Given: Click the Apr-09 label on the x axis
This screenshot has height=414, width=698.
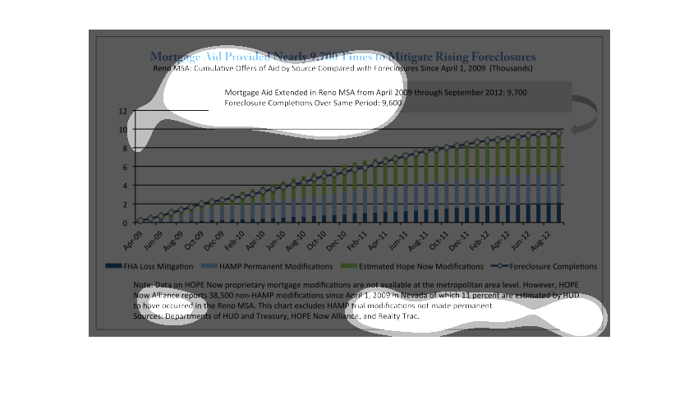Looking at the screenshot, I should tap(132, 239).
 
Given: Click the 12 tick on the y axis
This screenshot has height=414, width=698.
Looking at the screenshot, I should tap(122, 111).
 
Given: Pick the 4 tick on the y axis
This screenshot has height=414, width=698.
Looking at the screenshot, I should tap(125, 186).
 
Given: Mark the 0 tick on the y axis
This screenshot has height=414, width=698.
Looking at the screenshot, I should tap(125, 223).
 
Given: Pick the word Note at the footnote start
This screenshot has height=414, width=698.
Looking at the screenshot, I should tap(141, 284).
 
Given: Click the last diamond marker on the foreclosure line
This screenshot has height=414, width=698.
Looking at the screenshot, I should tap(560, 132).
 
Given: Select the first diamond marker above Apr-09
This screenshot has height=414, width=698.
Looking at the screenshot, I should tap(140, 221).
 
